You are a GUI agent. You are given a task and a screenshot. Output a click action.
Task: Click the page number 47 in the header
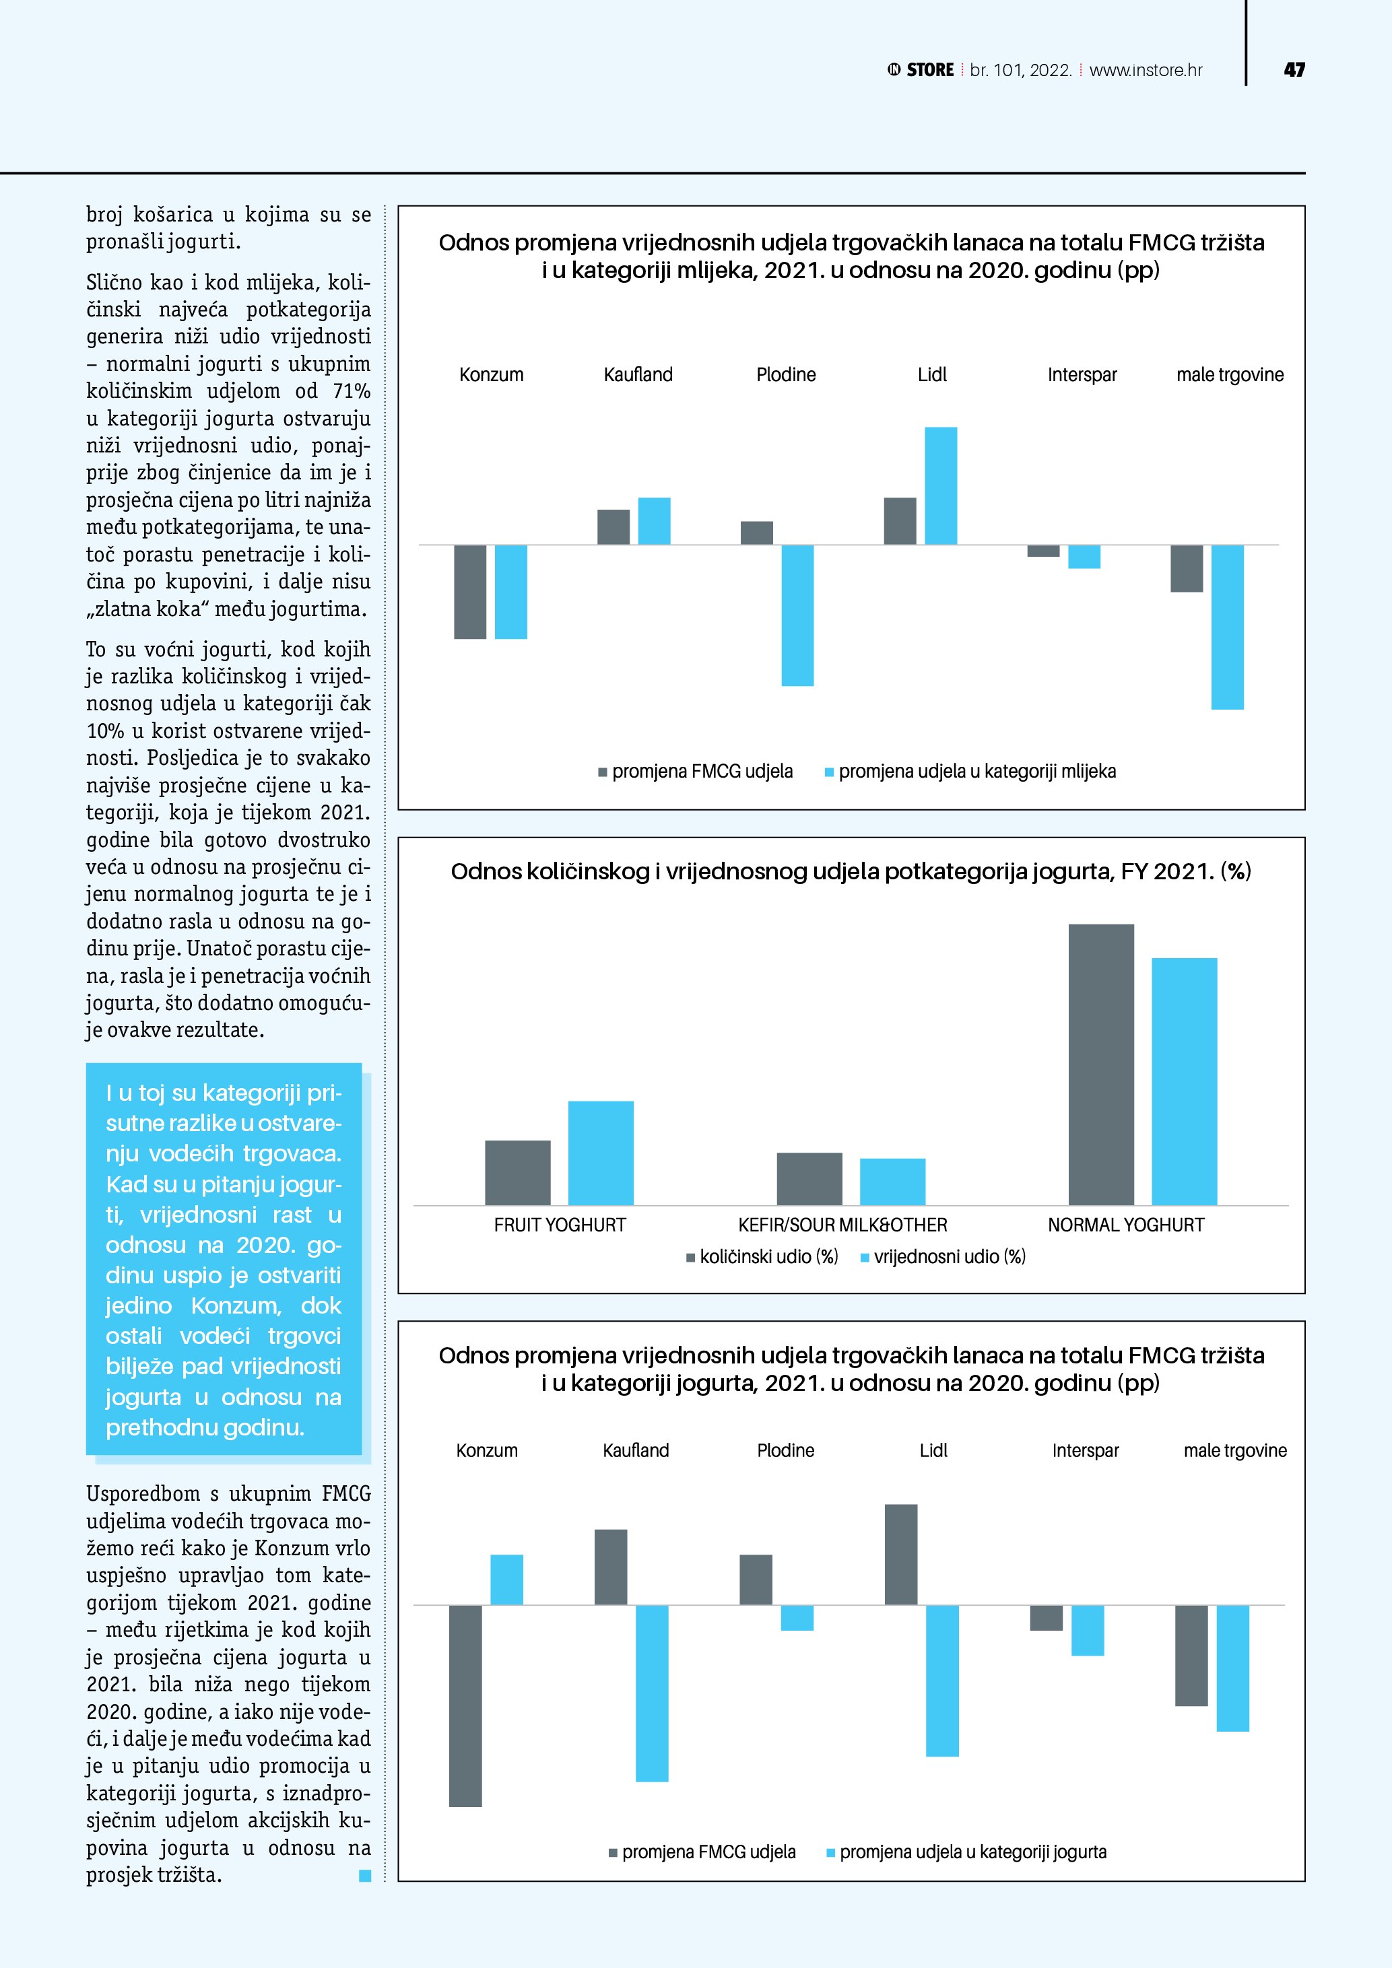click(x=1294, y=70)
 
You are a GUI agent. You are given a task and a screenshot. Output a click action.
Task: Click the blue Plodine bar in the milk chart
click(x=797, y=615)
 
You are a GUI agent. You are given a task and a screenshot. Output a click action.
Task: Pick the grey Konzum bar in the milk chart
click(x=469, y=591)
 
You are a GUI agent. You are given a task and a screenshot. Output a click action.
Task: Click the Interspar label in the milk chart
click(x=1082, y=374)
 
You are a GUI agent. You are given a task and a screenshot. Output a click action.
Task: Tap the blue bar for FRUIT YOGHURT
click(x=600, y=1153)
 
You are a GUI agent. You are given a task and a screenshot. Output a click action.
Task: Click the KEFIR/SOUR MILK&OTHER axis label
click(x=842, y=1225)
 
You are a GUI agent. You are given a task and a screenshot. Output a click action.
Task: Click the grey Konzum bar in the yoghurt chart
click(x=465, y=1705)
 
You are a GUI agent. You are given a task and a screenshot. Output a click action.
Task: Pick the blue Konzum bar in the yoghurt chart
click(x=506, y=1579)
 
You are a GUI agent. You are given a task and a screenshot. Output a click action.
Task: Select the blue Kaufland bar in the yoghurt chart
click(x=651, y=1693)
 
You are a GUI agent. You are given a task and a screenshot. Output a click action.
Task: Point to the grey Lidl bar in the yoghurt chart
click(x=901, y=1554)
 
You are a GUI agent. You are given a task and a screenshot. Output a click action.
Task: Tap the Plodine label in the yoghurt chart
click(x=785, y=1450)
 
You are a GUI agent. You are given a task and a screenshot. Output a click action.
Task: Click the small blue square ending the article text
click(x=365, y=1876)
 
